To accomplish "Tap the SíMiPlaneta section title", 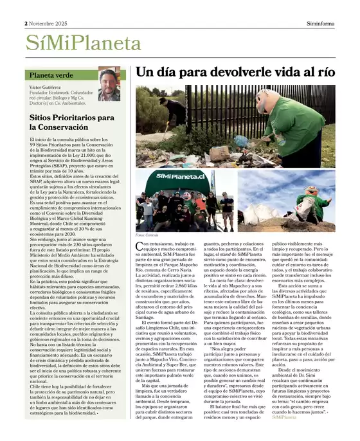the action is point(83,43).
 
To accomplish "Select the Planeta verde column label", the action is point(51,76).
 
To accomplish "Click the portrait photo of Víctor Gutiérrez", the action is point(109,85).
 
